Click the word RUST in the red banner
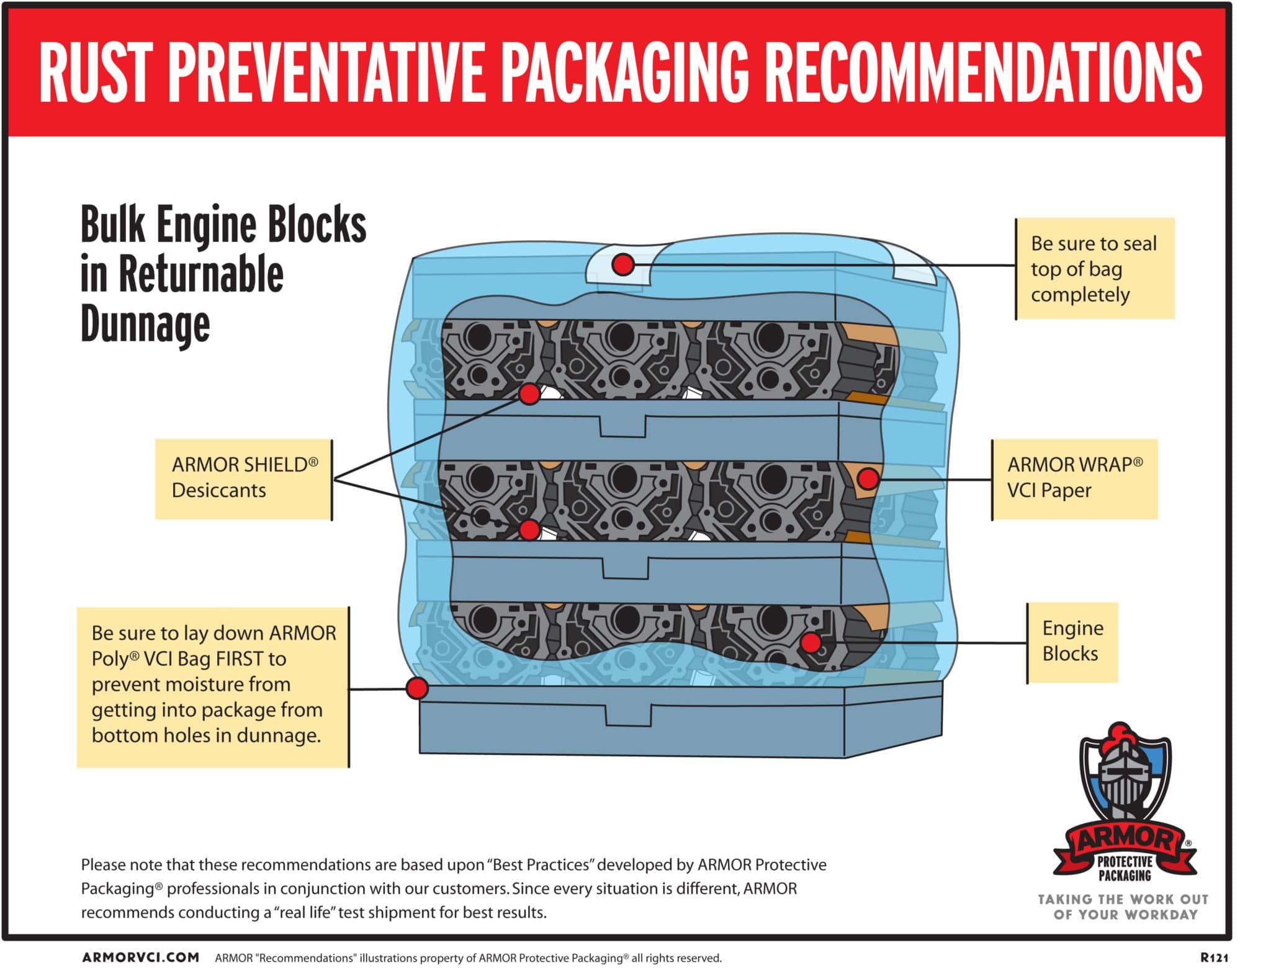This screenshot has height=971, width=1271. point(96,73)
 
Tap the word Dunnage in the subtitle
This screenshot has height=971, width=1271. point(145,324)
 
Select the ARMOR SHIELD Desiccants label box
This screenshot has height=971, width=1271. point(244,479)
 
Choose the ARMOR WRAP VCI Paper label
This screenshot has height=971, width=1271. point(1074,479)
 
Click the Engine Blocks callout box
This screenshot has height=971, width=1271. point(1072,642)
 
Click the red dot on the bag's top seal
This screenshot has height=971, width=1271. point(623,265)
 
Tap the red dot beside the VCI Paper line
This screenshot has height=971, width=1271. point(868,478)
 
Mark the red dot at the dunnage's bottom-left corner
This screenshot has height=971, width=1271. point(417,688)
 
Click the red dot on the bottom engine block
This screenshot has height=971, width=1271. point(811,642)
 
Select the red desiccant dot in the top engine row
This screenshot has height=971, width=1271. point(529,393)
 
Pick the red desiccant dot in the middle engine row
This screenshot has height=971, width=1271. point(529,529)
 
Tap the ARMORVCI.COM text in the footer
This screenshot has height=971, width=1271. point(141,957)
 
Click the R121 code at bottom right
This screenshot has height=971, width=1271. point(1214,957)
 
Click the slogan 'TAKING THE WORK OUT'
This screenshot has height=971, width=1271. point(1123,899)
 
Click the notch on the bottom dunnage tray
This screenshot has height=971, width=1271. point(628,714)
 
